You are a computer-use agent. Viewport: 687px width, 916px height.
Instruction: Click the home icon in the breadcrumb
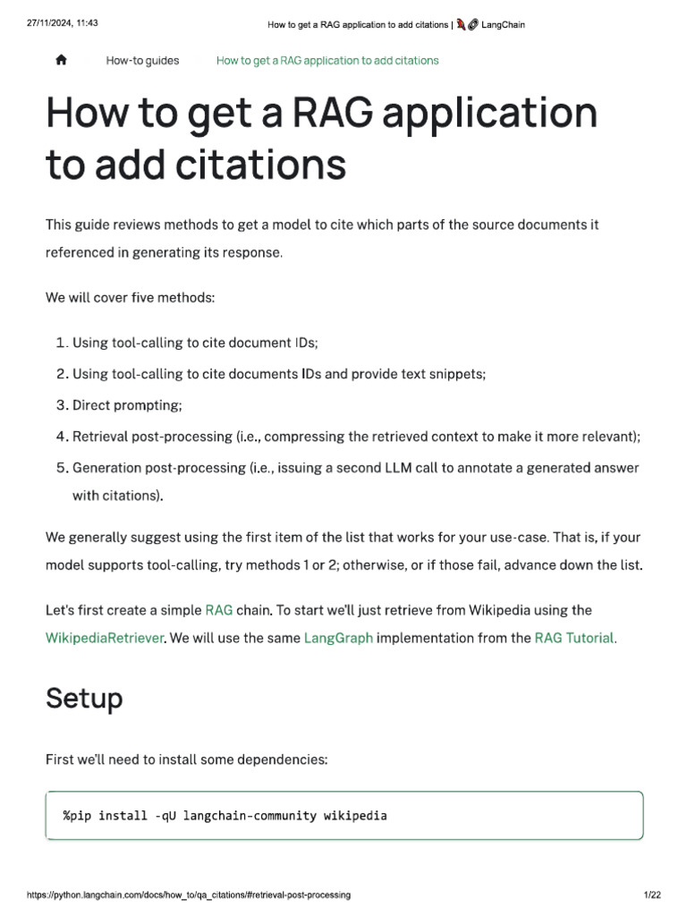[61, 60]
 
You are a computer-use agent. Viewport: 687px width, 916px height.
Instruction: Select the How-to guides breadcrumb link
[142, 61]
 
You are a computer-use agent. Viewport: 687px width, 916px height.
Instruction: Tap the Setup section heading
[84, 698]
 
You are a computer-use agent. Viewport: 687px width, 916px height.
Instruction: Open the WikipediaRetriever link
[104, 638]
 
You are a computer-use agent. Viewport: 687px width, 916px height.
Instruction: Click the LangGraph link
[338, 638]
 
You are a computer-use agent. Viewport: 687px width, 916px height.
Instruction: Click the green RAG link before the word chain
[219, 610]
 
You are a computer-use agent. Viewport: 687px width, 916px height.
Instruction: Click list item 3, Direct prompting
[126, 405]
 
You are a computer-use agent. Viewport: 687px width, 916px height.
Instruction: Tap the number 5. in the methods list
[62, 468]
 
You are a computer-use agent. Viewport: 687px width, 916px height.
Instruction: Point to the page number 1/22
[651, 895]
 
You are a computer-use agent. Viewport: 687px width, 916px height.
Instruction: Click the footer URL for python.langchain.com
[188, 895]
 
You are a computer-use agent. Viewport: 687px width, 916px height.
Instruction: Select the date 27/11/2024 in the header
[49, 24]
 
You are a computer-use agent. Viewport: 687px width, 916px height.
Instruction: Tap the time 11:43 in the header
[86, 24]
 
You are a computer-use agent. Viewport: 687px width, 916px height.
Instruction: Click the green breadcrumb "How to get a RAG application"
[327, 61]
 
